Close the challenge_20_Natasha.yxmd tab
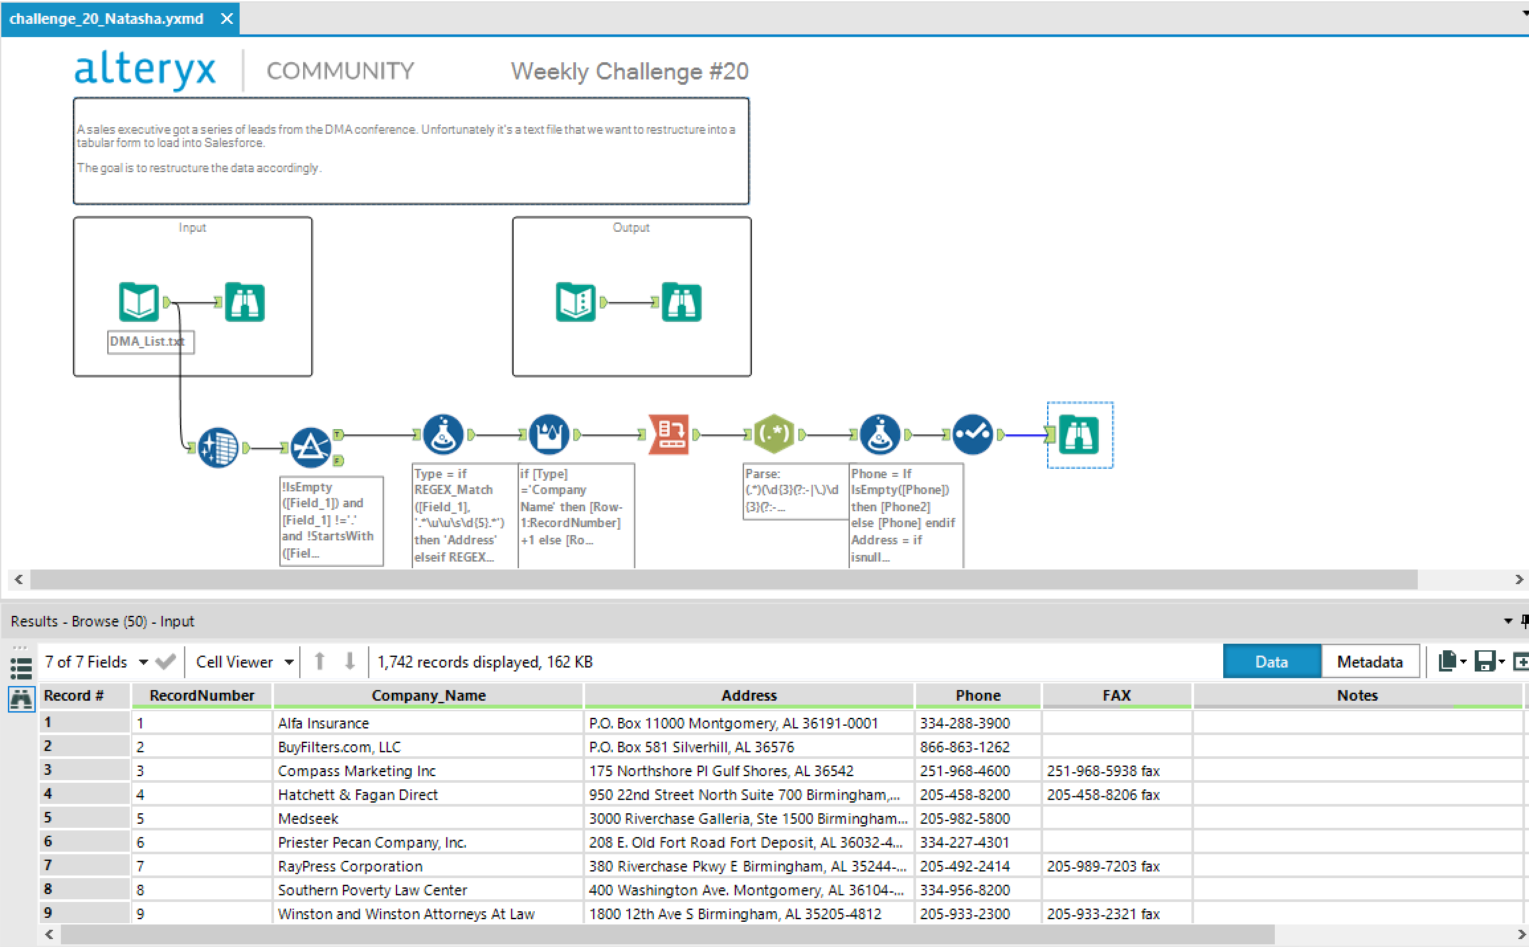pos(226,19)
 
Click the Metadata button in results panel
pos(1369,662)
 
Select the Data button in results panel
pos(1272,662)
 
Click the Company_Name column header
pos(428,695)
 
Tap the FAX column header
pos(1116,695)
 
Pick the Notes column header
pos(1357,695)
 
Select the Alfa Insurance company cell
pos(324,723)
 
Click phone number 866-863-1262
pos(964,747)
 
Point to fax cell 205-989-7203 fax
pos(1103,866)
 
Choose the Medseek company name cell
pos(308,819)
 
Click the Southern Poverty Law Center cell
pos(373,890)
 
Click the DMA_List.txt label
pos(147,342)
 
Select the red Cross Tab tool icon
pos(669,434)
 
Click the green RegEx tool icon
pos(774,434)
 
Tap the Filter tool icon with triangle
pos(310,448)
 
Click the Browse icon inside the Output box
pos(681,303)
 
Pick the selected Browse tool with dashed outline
pos(1079,435)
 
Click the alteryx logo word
pos(145,70)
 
